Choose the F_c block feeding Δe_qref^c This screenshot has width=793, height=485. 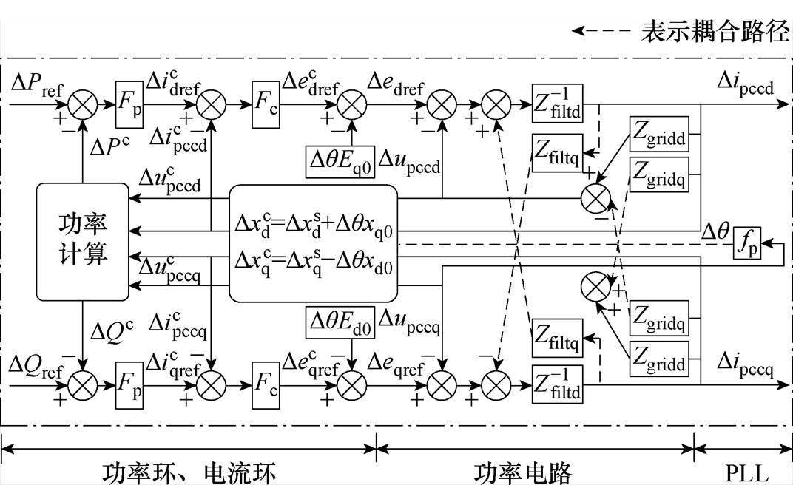tap(267, 381)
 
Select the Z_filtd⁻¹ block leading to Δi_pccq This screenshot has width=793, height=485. tap(556, 381)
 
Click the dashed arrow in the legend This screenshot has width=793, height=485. tap(601, 32)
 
